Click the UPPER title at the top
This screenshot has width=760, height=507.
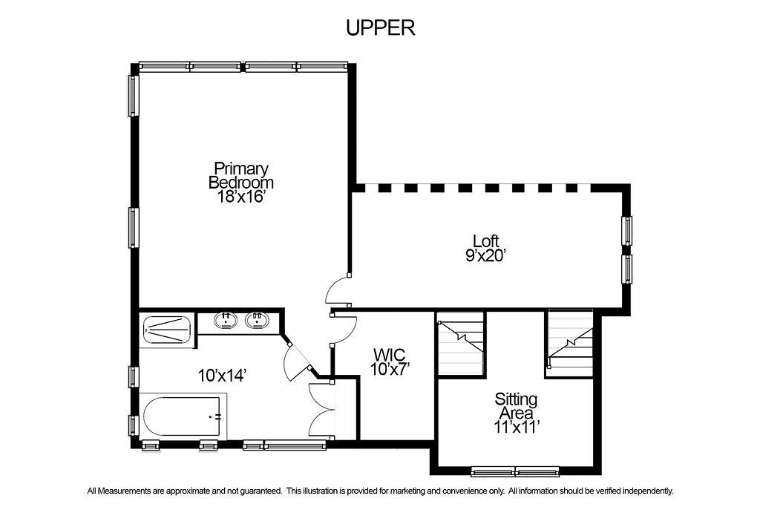coord(381,27)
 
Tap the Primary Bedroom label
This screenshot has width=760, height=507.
coord(241,175)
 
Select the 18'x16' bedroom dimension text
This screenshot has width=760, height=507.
coord(241,196)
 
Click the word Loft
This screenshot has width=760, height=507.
coord(485,241)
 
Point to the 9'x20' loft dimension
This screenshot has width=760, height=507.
coord(485,255)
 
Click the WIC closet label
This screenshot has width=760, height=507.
coord(389,355)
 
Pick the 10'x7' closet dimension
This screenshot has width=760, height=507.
coord(390,370)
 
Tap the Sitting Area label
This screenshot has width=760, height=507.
coord(516,406)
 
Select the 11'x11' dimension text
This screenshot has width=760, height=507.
coord(517,427)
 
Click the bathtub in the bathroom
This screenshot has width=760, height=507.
coord(183,417)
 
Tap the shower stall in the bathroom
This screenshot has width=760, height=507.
coord(167,330)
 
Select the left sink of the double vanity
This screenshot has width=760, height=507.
coord(226,320)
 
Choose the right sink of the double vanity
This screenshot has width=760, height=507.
coord(256,320)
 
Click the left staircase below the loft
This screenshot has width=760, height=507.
coord(461,343)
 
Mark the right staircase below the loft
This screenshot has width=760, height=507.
coord(569,343)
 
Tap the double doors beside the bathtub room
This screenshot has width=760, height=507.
coord(321,410)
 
